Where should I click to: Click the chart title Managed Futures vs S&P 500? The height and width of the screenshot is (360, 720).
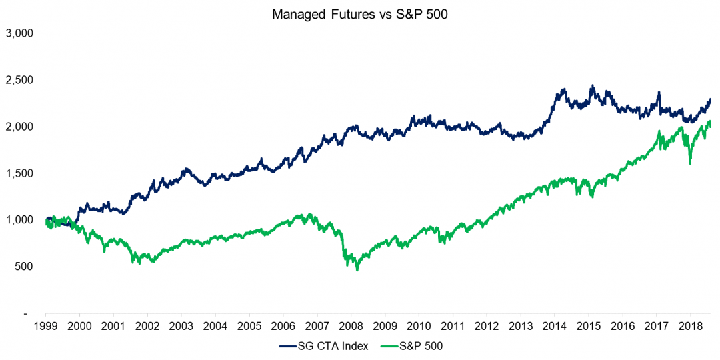pyautogui.click(x=359, y=14)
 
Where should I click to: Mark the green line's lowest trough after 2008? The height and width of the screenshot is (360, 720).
pyautogui.click(x=357, y=269)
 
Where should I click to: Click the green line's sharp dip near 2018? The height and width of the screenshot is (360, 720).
pyautogui.click(x=690, y=163)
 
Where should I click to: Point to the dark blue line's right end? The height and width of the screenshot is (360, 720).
pyautogui.click(x=711, y=99)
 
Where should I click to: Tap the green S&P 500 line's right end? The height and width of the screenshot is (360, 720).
pyautogui.click(x=711, y=127)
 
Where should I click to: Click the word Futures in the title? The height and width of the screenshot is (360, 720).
pyautogui.click(x=345, y=14)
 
